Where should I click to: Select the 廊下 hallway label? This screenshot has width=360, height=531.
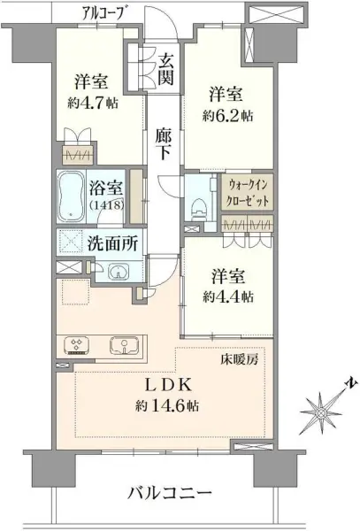pos(163,145)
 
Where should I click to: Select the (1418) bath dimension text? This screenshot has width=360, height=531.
pos(106,205)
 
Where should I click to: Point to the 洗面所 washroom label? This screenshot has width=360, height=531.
pos(112,244)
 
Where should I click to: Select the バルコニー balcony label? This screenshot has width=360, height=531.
pos(169,492)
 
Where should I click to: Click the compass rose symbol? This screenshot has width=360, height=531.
pos(325,409)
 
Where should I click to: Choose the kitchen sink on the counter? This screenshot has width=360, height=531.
pos(123,344)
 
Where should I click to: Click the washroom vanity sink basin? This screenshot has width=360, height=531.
pos(117,272)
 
